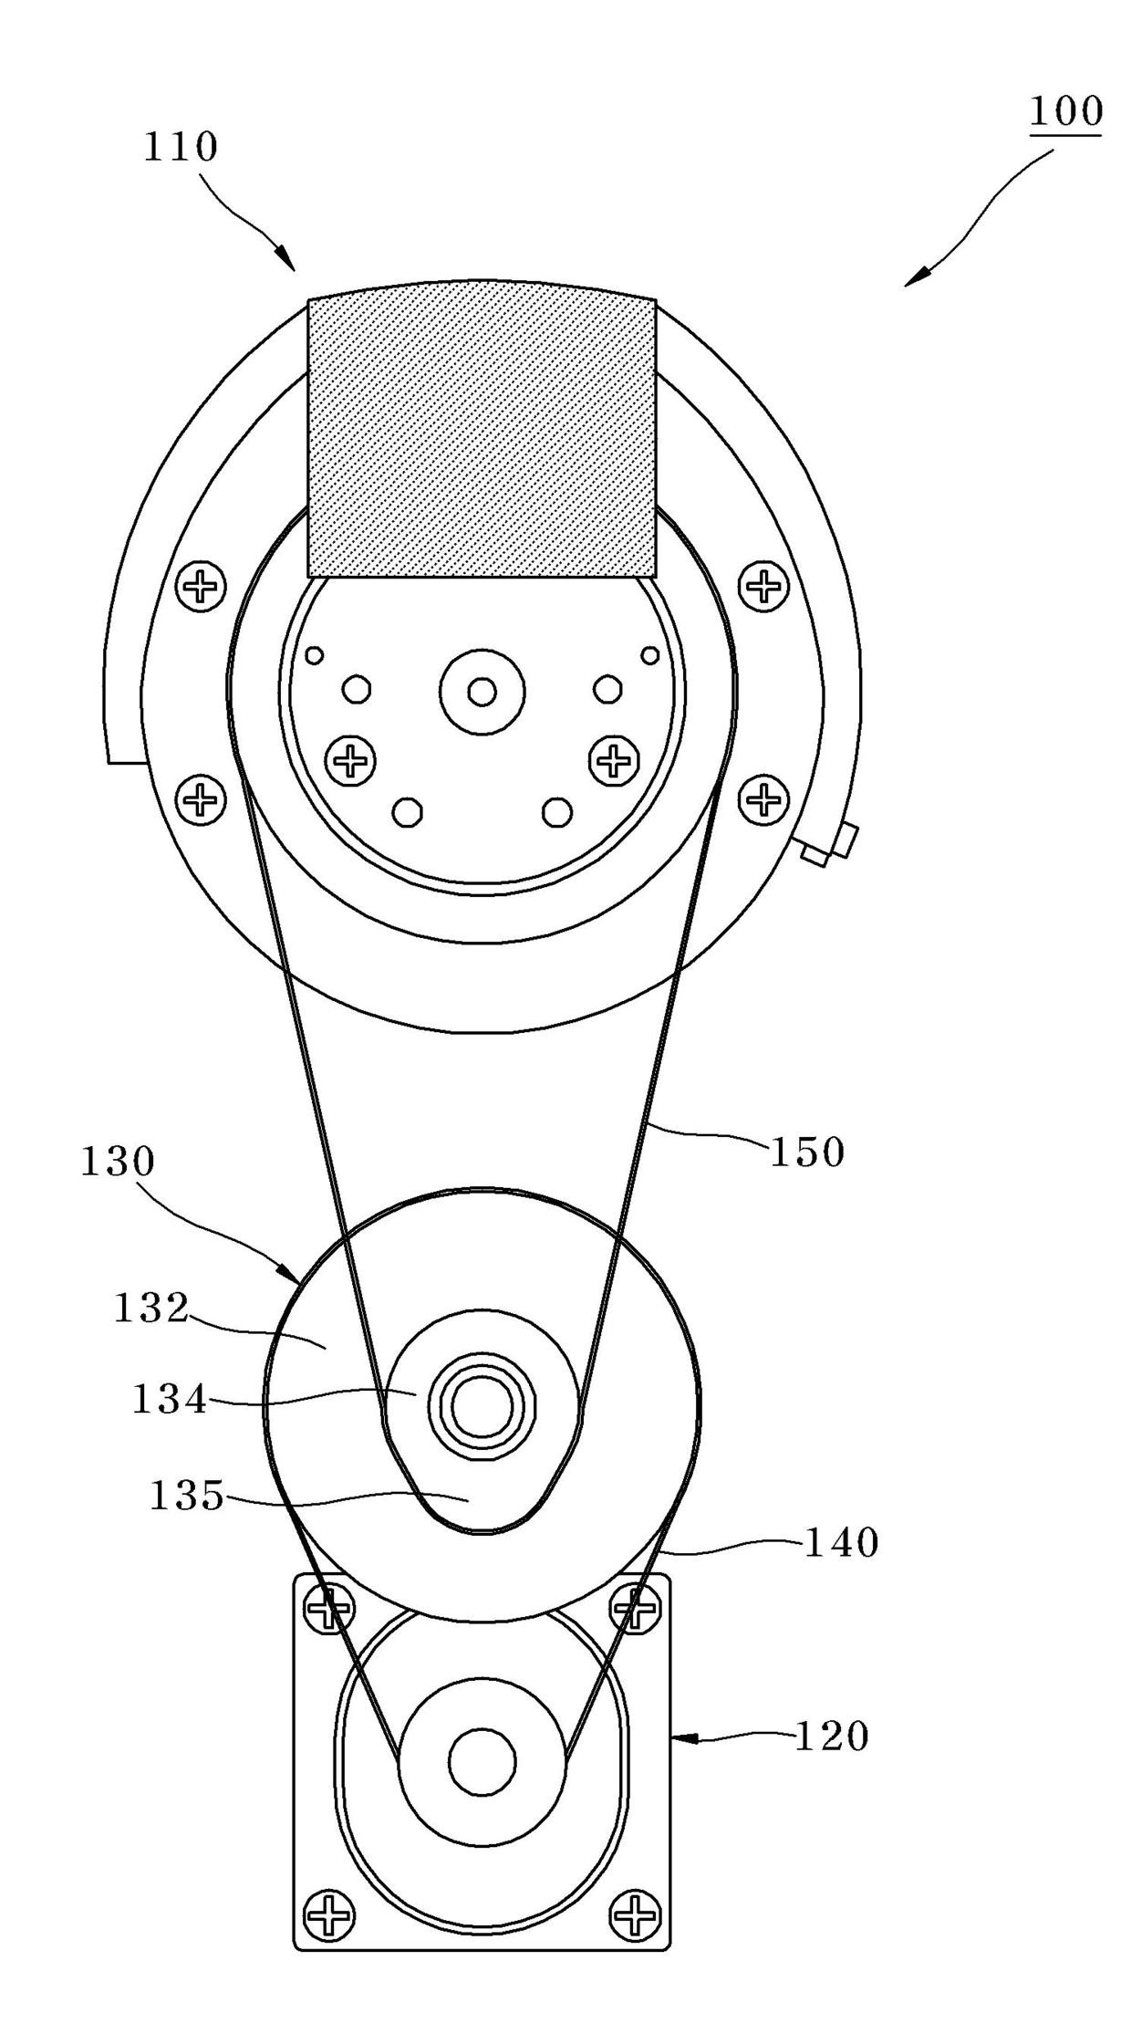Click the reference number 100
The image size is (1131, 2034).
[1065, 111]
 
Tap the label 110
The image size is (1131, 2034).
[181, 147]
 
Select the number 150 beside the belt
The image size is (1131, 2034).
[807, 1153]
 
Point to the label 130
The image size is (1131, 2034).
[119, 1162]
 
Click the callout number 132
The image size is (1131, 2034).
[150, 1308]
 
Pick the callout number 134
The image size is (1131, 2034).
[170, 1399]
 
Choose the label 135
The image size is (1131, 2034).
[186, 1496]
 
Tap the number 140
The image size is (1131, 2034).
[840, 1543]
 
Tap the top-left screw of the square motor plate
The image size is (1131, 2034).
[329, 1608]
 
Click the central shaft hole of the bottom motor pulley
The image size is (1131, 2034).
[482, 1760]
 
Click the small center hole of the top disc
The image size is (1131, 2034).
[482, 692]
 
